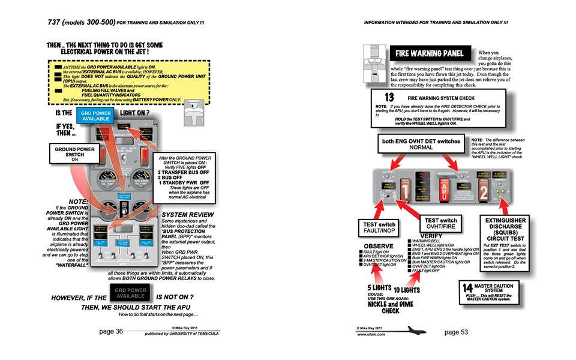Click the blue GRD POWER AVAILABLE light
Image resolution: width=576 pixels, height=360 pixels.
92,115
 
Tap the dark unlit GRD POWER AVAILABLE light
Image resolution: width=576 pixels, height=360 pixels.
131,294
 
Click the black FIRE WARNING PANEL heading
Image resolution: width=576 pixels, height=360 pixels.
430,54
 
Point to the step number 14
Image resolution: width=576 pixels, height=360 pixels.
469,286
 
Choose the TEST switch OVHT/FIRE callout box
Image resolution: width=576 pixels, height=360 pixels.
440,223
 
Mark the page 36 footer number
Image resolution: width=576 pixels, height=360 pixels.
111,331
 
